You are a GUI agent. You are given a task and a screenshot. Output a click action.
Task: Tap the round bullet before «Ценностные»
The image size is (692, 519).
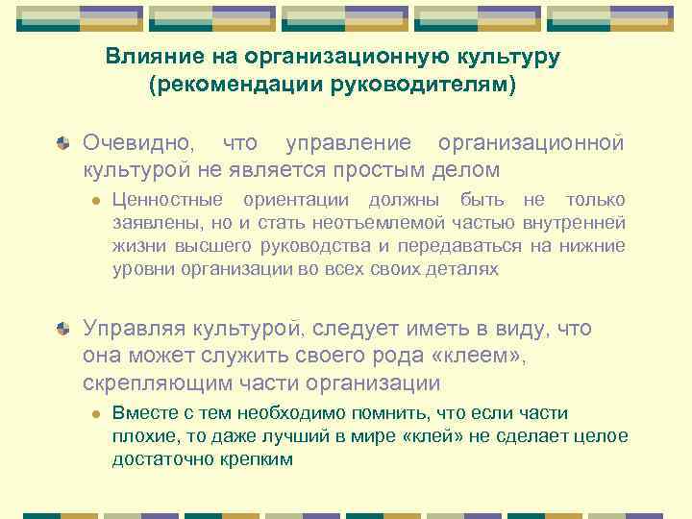[95, 201]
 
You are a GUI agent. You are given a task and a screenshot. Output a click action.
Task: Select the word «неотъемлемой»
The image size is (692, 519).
[343, 223]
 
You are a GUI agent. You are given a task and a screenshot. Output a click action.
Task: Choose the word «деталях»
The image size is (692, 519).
[461, 269]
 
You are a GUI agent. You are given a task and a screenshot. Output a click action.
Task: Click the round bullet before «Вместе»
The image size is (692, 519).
[95, 414]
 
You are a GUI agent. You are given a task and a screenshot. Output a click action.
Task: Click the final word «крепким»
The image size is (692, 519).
[259, 459]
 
